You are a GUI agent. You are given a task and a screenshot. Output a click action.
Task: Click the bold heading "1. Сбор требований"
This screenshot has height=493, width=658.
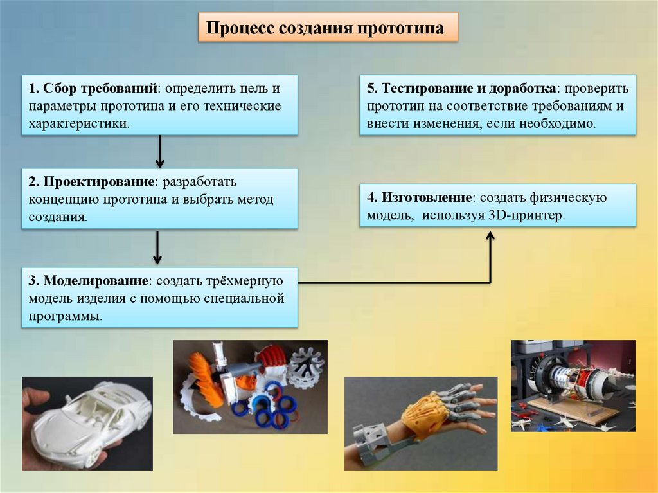click(93, 88)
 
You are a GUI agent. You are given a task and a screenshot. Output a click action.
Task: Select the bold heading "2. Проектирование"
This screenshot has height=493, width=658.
click(91, 182)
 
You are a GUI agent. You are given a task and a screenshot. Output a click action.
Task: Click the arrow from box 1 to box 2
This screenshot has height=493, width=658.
click(160, 151)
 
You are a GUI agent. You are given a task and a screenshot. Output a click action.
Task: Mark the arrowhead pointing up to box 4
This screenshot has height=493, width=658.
click(490, 237)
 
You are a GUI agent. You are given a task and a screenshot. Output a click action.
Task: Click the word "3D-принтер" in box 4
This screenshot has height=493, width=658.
click(525, 216)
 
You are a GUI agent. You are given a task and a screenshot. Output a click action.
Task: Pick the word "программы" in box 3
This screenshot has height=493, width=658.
click(64, 317)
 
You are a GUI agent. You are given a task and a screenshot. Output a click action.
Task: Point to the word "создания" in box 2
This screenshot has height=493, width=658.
click(57, 217)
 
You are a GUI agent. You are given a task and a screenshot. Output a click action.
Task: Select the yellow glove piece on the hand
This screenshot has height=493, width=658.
click(425, 411)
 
